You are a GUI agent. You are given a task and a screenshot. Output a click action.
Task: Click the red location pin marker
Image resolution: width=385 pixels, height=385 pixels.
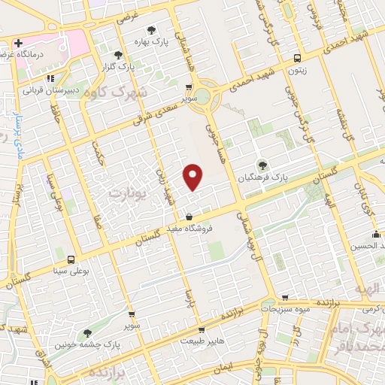click(193, 176)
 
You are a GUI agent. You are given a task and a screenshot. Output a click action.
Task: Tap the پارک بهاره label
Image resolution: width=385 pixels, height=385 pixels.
click(151, 43)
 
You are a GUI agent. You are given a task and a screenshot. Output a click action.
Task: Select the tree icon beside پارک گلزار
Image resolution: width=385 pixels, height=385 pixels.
click(118, 54)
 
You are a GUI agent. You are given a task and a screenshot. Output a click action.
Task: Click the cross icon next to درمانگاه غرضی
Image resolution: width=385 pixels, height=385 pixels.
click(18, 43)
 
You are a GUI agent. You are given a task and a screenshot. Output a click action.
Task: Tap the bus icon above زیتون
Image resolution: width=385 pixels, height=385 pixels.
click(298, 57)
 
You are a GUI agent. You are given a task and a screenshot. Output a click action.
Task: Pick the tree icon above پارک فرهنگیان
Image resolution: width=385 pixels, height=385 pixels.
click(262, 165)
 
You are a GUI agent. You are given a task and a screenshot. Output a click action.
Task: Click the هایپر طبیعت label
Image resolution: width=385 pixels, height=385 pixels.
click(202, 341)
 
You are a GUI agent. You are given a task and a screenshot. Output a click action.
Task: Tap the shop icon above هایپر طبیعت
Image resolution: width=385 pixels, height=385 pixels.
click(201, 329)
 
